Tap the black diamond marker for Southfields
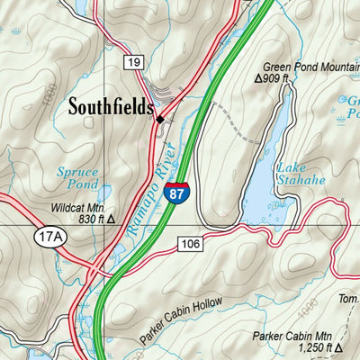point(160,119)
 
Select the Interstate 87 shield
point(176,191)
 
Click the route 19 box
point(134,62)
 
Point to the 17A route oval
point(50,237)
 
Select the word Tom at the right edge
point(348,301)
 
